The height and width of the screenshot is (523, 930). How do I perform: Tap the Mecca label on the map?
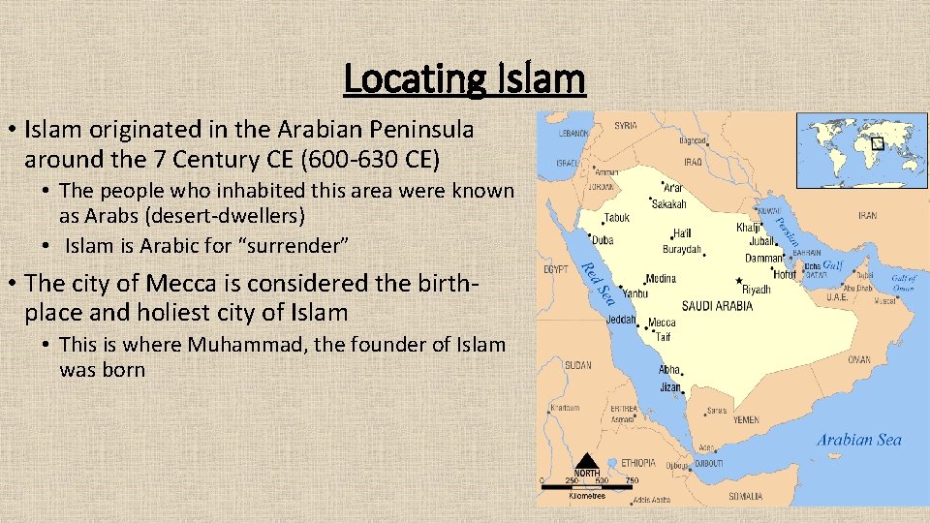point(662,323)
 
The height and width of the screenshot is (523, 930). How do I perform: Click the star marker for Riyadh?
point(739,281)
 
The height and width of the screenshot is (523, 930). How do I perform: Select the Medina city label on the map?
point(661,278)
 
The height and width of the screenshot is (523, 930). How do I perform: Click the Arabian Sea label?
point(858,440)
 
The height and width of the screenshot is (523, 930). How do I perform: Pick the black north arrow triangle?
point(587,462)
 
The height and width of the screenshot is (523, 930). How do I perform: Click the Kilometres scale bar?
point(586,485)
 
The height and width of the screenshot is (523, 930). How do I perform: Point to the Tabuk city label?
point(616,218)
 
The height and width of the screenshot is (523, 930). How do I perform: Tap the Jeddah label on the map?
point(620,320)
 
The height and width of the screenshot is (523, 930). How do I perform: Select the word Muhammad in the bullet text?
point(239,345)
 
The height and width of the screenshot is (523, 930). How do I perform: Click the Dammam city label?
point(765,259)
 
